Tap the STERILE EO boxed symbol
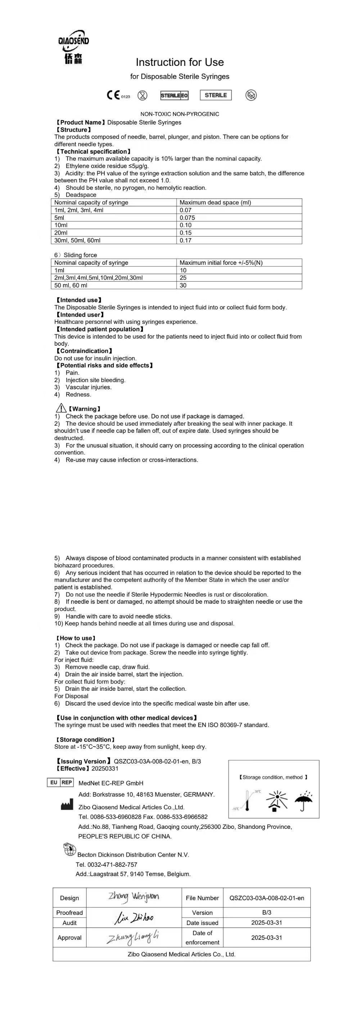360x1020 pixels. (174, 95)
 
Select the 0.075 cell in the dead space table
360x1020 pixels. (187, 217)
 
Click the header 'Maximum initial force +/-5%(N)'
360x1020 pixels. (221, 263)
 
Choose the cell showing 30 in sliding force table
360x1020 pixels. (183, 285)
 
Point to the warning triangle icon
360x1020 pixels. (61, 408)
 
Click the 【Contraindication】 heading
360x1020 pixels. (84, 351)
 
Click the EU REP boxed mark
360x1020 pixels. (60, 783)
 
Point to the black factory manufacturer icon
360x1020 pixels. (67, 805)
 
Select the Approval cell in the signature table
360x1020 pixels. (69, 937)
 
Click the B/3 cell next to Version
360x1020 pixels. (266, 912)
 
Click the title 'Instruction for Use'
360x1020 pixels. (179, 62)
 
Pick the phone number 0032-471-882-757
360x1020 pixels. (113, 864)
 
